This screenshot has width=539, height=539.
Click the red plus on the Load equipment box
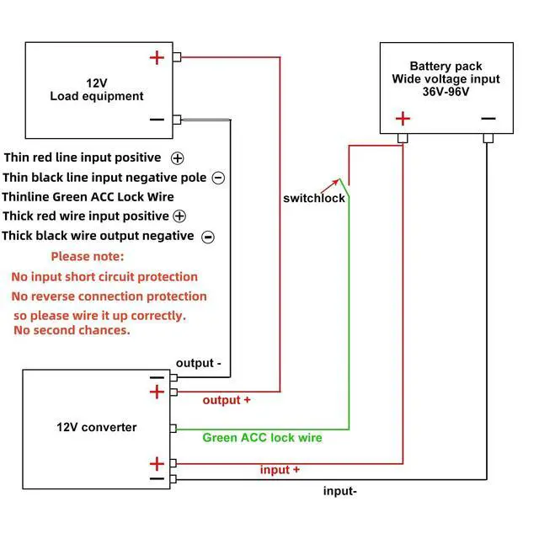click(x=157, y=57)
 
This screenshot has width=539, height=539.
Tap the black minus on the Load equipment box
click(x=157, y=120)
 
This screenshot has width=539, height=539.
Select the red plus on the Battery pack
click(x=403, y=119)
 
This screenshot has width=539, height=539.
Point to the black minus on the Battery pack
click(x=488, y=119)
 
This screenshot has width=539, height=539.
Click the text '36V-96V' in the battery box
click(x=446, y=92)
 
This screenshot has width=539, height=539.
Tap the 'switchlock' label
click(x=313, y=198)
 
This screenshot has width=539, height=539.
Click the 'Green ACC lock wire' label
click(x=262, y=438)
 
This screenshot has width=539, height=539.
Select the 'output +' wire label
click(x=227, y=400)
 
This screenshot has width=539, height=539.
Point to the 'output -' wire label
click(x=199, y=363)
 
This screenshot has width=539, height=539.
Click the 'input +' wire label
click(x=280, y=470)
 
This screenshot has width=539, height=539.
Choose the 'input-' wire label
click(x=340, y=491)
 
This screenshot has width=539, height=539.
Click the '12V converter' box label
click(x=96, y=427)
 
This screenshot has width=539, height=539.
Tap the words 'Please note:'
click(x=87, y=256)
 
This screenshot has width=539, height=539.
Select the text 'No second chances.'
click(x=72, y=330)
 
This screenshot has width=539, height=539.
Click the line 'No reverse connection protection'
click(x=109, y=296)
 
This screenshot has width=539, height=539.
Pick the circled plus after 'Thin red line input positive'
click(x=178, y=158)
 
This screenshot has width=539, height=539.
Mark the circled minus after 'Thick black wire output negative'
click(x=208, y=237)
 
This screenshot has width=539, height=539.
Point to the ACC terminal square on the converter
click(x=173, y=428)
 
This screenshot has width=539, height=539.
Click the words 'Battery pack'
click(x=446, y=66)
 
